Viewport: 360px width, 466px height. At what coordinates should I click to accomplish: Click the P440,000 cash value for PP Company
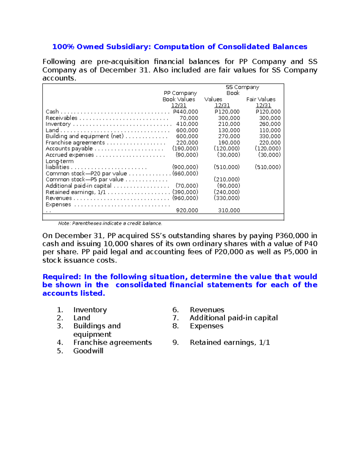pos(185,112)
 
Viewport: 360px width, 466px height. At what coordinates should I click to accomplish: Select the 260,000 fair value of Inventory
pos(270,124)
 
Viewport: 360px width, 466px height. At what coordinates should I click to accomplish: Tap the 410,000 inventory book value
pos(187,124)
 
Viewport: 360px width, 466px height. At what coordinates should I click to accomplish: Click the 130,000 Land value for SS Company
pos(229,130)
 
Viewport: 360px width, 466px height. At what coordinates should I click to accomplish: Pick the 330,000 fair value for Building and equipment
pos(270,136)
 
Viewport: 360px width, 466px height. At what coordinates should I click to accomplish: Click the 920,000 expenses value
pos(187,210)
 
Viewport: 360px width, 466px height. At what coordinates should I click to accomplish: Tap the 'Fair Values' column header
pos(261,99)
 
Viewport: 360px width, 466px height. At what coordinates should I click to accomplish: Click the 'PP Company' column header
pos(180,93)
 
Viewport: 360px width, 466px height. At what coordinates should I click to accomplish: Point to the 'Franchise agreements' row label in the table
pos(75,143)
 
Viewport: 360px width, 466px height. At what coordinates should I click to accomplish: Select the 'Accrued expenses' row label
pos(70,155)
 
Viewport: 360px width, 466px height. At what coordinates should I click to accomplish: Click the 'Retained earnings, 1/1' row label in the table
pos(76,192)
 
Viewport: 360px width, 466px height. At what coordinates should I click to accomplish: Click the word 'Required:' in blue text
pos(62,277)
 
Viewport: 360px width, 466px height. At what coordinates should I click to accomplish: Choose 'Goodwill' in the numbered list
pos(88,351)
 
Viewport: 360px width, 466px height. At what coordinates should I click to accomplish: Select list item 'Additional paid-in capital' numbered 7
pos(234,318)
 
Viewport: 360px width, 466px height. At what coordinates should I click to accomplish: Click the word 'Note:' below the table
pos(64,223)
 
